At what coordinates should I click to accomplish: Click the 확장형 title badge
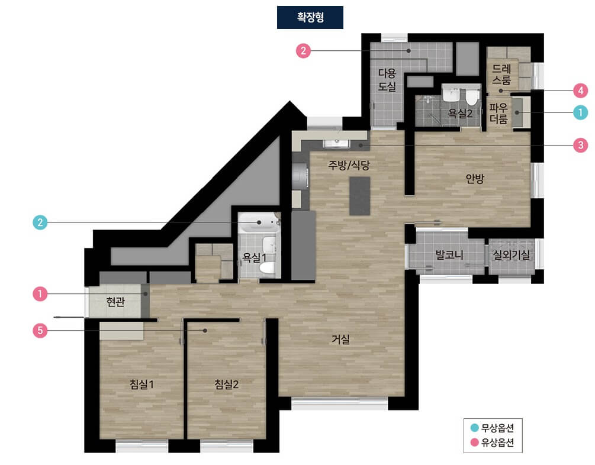[x=310, y=17]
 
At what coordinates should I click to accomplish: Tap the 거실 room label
[x=341, y=339]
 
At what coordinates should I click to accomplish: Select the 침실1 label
[x=141, y=384]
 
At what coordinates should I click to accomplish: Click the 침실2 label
[x=227, y=384]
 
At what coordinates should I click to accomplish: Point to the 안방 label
[x=475, y=178]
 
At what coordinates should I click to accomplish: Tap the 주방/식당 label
[x=349, y=165]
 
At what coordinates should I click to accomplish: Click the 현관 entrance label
[x=115, y=302]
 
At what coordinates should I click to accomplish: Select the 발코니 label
[x=449, y=254]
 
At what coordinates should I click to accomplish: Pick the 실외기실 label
[x=511, y=254]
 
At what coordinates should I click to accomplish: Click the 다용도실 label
[x=387, y=79]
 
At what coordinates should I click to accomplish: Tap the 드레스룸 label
[x=501, y=75]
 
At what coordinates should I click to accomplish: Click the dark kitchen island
[x=360, y=196]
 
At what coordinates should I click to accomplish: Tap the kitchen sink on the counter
[x=337, y=143]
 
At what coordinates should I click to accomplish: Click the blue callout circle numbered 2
[x=40, y=222]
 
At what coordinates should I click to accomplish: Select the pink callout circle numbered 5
[x=40, y=330]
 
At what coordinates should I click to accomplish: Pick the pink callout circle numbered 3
[x=581, y=145]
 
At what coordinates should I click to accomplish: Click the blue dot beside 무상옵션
[x=474, y=428]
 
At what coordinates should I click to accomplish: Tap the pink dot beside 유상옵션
[x=474, y=443]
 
